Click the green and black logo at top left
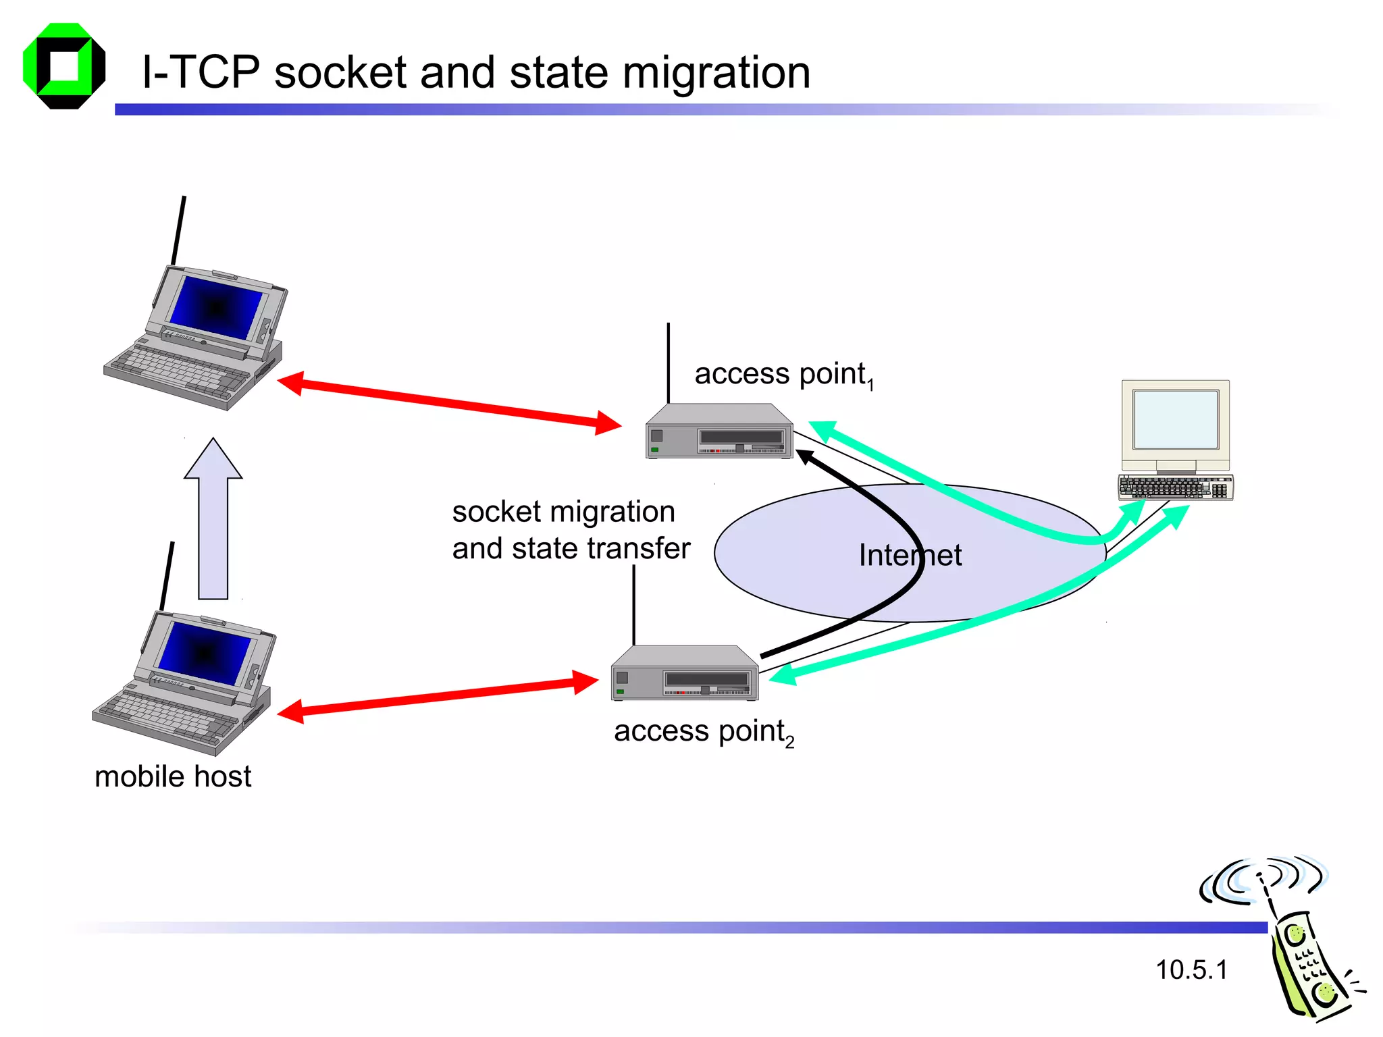(x=64, y=66)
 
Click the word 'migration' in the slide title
(x=716, y=73)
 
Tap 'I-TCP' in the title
(x=201, y=73)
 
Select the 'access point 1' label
(x=783, y=375)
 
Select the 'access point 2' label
(x=703, y=732)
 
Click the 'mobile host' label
(x=173, y=776)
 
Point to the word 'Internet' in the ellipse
(x=910, y=556)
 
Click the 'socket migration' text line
(x=563, y=512)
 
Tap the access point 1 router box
(x=719, y=433)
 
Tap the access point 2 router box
(x=684, y=674)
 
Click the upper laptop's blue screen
(x=215, y=308)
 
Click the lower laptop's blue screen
(x=204, y=653)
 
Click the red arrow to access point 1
(x=449, y=403)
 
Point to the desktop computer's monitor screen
(x=1176, y=419)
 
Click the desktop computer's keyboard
(x=1175, y=487)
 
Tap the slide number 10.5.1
(x=1191, y=970)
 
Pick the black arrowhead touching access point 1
(x=806, y=457)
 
